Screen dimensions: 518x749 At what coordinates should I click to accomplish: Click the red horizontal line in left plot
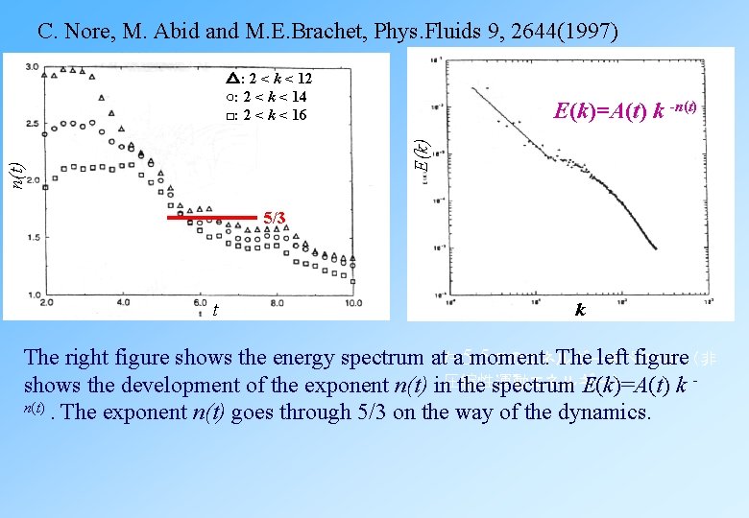[x=212, y=218]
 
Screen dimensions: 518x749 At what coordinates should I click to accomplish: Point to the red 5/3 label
[x=275, y=218]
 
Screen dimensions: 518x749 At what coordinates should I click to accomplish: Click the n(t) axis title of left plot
[x=17, y=175]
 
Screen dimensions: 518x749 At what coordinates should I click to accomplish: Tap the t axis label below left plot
[x=215, y=310]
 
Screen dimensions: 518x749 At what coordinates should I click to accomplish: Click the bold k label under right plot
[x=580, y=310]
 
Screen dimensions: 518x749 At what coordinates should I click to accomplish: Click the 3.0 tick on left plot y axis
[x=32, y=66]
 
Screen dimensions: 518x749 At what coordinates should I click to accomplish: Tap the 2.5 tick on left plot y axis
[x=32, y=123]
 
